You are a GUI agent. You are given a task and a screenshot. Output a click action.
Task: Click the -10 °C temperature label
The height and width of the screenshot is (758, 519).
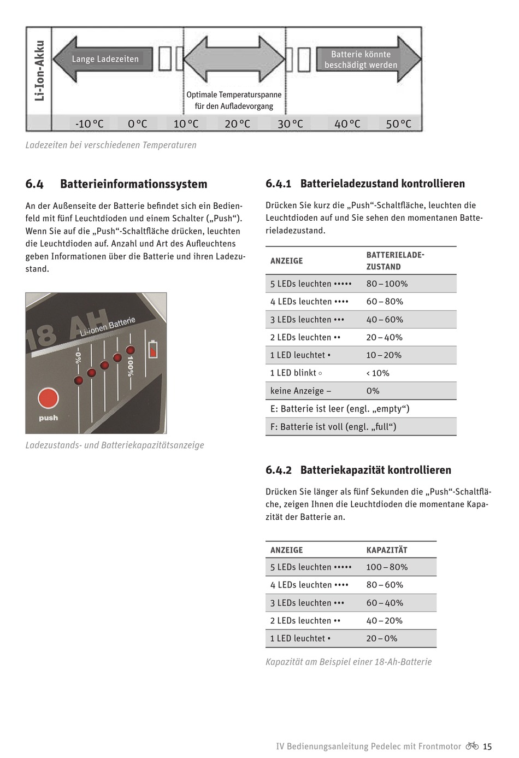(89, 124)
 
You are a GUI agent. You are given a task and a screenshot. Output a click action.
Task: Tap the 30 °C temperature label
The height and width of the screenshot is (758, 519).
(290, 124)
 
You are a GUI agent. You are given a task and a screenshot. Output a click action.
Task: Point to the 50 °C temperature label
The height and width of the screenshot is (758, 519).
(399, 124)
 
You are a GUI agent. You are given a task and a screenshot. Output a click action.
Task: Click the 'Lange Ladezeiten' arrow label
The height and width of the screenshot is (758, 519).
(105, 59)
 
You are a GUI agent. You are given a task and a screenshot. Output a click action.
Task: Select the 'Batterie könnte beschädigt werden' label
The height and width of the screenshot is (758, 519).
(361, 60)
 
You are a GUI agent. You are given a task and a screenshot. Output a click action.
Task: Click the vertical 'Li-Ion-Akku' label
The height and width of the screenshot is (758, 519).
(39, 70)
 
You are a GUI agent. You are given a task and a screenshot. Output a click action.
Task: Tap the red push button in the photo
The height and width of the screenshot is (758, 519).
(48, 398)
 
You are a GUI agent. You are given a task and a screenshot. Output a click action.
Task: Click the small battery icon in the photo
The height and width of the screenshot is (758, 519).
(152, 349)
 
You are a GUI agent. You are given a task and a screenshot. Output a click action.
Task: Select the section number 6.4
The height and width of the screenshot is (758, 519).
(34, 184)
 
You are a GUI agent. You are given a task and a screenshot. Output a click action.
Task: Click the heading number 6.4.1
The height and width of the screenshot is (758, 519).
(279, 184)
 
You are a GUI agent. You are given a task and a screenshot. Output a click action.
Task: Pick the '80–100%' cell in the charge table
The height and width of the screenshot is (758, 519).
(387, 284)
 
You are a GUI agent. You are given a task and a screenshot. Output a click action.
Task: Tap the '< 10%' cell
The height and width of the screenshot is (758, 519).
(378, 373)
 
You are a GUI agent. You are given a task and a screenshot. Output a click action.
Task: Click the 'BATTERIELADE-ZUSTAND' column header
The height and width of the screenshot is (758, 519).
(395, 261)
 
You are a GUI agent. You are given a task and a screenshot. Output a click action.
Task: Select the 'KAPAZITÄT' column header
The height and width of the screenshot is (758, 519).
(387, 550)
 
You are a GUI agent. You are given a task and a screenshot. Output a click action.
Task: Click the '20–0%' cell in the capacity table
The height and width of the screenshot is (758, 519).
(382, 638)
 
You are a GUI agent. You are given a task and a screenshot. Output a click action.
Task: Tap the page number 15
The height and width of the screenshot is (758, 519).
(487, 747)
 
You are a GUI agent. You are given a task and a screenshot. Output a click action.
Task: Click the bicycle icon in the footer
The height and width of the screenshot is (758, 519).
(472, 746)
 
